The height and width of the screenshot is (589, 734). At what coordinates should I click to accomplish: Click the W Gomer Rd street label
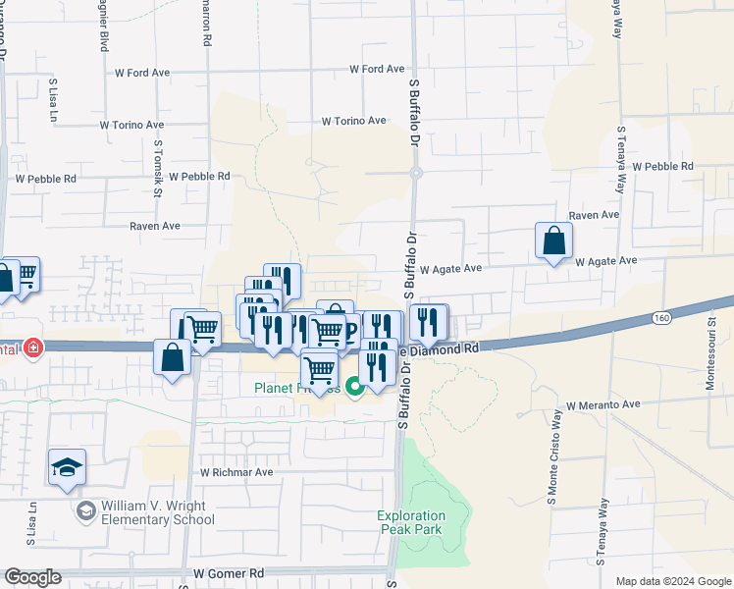pos(230,573)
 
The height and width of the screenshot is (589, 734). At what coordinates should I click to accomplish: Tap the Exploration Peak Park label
pos(411,522)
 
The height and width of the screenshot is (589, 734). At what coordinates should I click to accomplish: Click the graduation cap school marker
pos(67,467)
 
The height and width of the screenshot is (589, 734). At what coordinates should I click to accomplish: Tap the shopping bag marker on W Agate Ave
pos(553,241)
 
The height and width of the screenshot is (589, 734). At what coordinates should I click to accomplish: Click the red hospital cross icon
pos(33,348)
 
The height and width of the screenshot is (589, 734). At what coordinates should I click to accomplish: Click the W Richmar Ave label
pos(236,472)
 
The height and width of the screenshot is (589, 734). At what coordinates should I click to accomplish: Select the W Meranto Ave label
pos(603,404)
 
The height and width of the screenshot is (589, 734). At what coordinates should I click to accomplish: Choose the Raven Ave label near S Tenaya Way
pos(594,215)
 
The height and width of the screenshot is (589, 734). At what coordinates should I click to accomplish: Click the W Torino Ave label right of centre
pos(353,121)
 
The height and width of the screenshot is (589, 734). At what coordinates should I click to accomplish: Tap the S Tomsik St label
pos(157,168)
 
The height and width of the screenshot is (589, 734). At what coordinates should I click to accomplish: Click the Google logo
pos(32,577)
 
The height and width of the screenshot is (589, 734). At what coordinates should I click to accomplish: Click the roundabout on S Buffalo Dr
pos(416,173)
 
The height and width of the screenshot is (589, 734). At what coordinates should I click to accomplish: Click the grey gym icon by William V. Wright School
pos(86,512)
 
